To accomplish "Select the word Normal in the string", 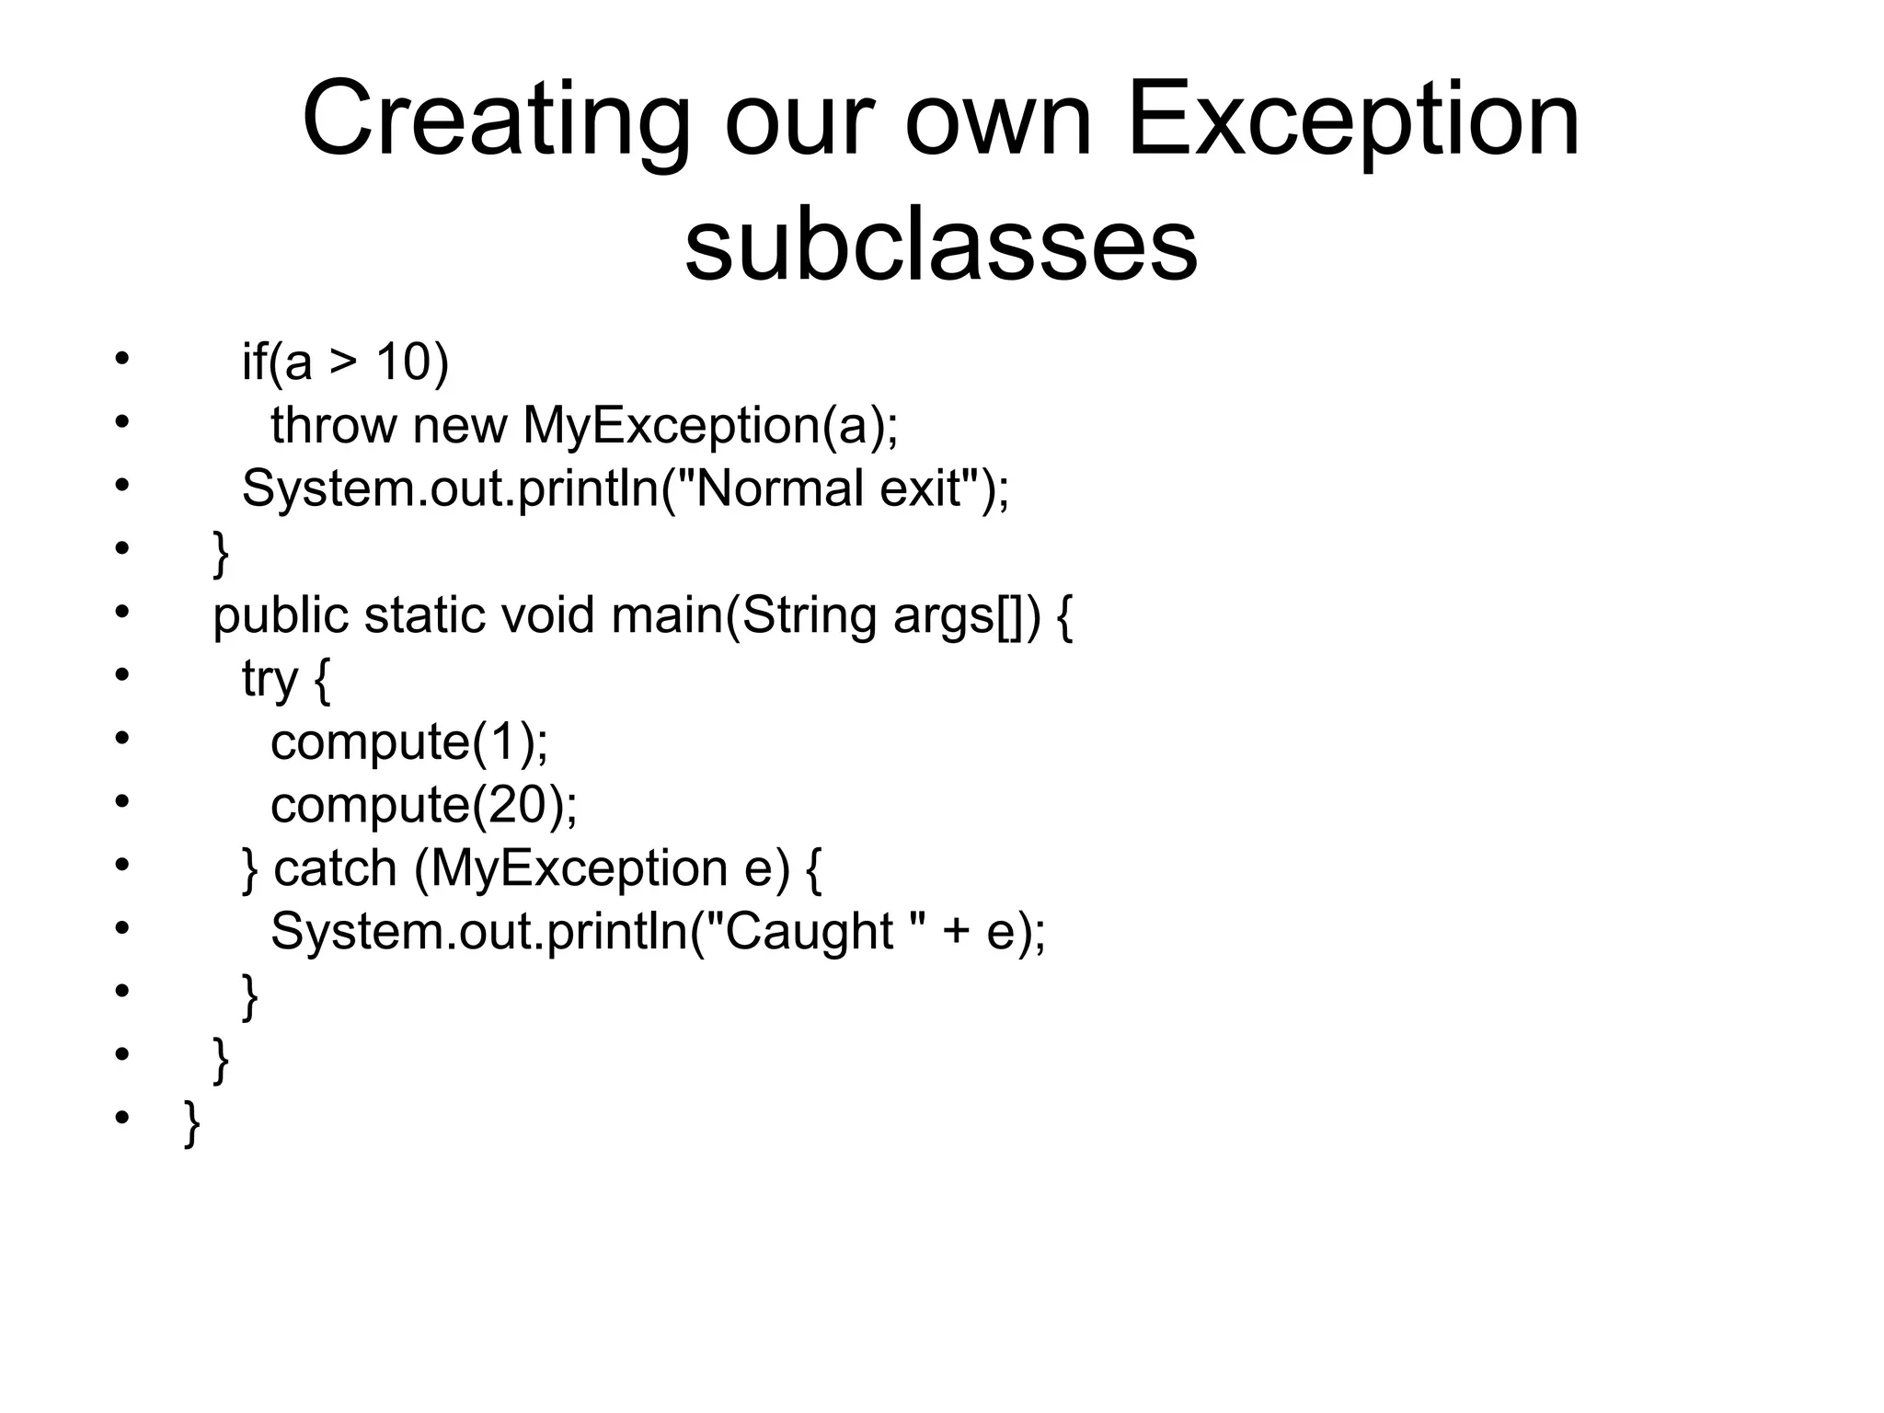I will (x=778, y=488).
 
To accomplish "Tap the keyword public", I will (x=280, y=615).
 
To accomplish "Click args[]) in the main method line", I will (x=966, y=615).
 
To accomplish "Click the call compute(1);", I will (x=408, y=741).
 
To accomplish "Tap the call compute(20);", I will (x=423, y=805).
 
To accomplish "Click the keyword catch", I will (x=335, y=867).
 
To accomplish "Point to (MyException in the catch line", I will (x=570, y=868).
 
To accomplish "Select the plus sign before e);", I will (x=956, y=932).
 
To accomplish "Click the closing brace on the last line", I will (x=192, y=1122).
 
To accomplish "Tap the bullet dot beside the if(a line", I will (x=121, y=359).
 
